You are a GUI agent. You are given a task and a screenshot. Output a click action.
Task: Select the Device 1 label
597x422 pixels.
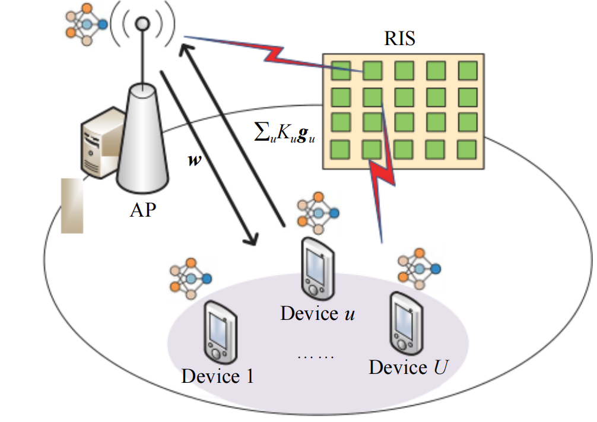218,376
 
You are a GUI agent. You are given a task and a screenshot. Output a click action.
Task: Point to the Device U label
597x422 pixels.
408,367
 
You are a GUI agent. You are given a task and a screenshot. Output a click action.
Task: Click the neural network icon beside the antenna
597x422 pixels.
87,24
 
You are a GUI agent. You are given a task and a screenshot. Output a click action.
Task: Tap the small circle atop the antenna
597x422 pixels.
142,24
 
